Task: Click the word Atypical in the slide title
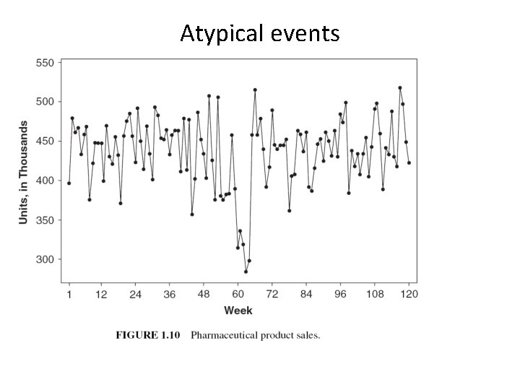pos(222,33)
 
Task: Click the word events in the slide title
pos(304,33)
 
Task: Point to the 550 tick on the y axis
pos(44,63)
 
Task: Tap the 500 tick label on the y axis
pos(44,102)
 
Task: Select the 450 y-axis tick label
pos(44,141)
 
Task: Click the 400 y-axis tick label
pos(44,181)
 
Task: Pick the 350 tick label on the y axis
pos(44,220)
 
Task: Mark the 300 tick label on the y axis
pos(44,259)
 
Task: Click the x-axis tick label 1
pos(69,294)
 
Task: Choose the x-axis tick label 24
pos(135,294)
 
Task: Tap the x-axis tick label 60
pos(238,294)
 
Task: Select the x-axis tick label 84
pos(306,294)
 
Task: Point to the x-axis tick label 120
pos(409,294)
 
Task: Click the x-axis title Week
pos(238,311)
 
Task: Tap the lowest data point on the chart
pos(246,272)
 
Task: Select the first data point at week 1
pos(69,183)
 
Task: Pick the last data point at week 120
pos(409,162)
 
